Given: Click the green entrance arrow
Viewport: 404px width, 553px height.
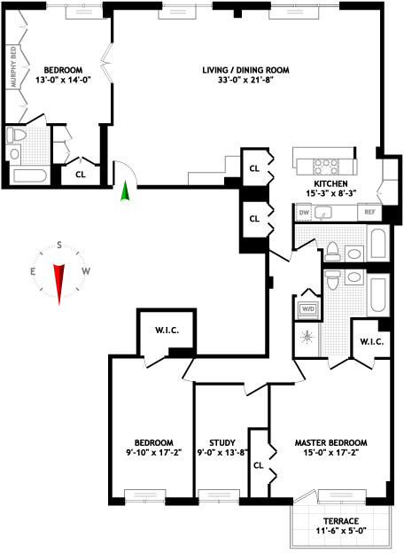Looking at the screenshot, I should (125, 190).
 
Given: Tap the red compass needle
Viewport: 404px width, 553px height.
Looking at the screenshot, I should (59, 283).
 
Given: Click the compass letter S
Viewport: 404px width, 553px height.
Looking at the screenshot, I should (59, 245).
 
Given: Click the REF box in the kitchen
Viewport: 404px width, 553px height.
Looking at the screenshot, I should (368, 213).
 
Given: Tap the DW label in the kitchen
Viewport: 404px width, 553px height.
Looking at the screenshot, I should (304, 213).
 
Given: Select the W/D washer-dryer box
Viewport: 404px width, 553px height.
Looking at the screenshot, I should (308, 308).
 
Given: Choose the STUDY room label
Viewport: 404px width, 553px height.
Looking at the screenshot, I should (221, 443).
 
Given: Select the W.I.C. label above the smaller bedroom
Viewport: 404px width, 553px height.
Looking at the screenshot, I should (167, 331).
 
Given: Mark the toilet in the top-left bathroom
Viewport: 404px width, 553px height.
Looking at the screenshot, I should (16, 136).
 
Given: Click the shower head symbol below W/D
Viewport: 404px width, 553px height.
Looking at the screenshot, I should (307, 337).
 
